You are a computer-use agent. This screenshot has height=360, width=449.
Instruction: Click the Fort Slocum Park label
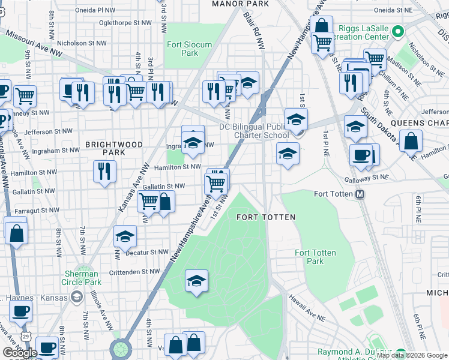point(182,49)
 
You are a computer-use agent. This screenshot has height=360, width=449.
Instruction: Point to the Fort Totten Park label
point(310,257)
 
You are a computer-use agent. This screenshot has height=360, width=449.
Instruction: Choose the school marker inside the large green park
point(196,281)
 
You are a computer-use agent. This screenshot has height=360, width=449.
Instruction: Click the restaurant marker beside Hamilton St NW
point(104,172)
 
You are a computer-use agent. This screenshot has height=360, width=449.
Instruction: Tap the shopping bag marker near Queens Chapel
point(412,143)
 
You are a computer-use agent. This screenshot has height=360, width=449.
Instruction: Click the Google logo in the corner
point(20,353)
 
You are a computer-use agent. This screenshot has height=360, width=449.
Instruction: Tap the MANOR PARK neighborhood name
point(240,4)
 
